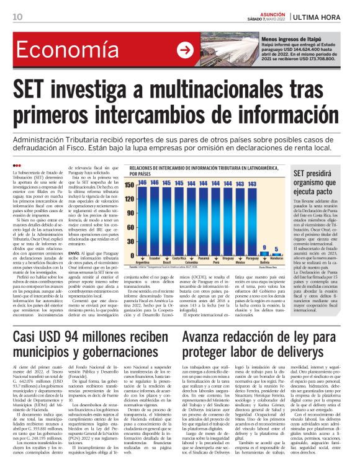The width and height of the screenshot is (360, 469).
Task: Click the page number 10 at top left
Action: pos(17,16)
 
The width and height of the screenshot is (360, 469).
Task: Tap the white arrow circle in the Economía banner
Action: pos(184,50)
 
